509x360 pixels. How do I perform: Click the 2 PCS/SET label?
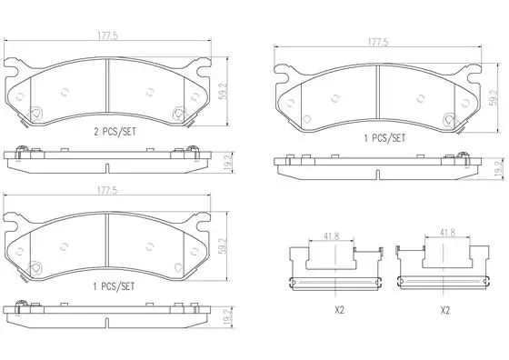[115, 132]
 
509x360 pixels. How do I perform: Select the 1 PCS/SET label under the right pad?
[384, 138]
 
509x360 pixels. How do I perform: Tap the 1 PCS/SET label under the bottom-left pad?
[114, 286]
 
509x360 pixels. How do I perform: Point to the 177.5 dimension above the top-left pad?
[108, 36]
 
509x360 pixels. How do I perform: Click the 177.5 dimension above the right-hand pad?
[378, 42]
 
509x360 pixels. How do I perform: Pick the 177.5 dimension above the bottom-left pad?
[107, 191]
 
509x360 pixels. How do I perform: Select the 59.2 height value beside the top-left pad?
[225, 91]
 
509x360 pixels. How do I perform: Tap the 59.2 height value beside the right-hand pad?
[494, 97]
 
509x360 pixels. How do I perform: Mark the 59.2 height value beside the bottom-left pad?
[225, 245]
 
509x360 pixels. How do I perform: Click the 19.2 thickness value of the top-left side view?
[229, 164]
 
